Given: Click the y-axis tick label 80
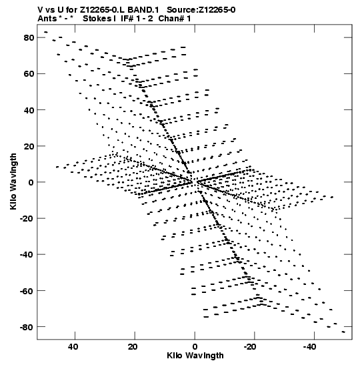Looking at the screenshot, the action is pyautogui.click(x=29, y=38).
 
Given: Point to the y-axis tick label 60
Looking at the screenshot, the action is pyautogui.click(x=29, y=74).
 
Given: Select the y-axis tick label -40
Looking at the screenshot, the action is pyautogui.click(x=27, y=255).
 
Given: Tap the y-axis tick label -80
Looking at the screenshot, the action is pyautogui.click(x=27, y=327).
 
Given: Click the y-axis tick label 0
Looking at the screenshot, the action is pyautogui.click(x=31, y=182).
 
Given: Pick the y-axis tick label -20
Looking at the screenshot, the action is pyautogui.click(x=27, y=219).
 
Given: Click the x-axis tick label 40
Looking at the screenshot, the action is pyautogui.click(x=73, y=347).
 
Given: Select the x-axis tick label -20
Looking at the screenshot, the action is pyautogui.click(x=250, y=347).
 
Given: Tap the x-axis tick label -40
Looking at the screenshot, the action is pyautogui.click(x=310, y=347).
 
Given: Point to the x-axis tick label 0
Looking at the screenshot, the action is pyautogui.click(x=195, y=347).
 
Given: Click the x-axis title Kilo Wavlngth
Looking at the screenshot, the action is pyautogui.click(x=195, y=356).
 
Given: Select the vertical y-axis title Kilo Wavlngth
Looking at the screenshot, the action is pyautogui.click(x=13, y=181).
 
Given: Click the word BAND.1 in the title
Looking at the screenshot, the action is pyautogui.click(x=143, y=10).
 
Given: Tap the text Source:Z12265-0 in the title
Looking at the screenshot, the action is pyautogui.click(x=201, y=10).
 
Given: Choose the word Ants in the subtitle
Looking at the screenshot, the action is pyautogui.click(x=47, y=19).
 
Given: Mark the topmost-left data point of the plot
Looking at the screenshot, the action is pyautogui.click(x=46, y=32).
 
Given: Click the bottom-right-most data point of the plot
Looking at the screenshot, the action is pyautogui.click(x=343, y=332).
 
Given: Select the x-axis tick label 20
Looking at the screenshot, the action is pyautogui.click(x=133, y=347).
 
